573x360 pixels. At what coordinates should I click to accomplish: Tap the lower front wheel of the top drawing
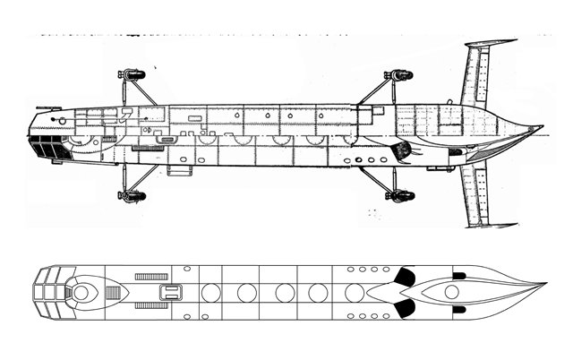pos(132,195)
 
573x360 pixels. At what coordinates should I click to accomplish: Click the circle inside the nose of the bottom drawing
pos(81,292)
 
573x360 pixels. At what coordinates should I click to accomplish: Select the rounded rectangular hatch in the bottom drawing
pos(168,292)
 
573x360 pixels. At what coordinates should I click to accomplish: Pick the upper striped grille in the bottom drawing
pos(151,277)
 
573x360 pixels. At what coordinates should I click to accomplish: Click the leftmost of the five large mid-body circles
pos(210,292)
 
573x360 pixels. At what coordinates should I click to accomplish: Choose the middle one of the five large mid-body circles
pos(283,292)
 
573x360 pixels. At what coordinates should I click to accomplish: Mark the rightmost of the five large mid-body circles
pos(355,292)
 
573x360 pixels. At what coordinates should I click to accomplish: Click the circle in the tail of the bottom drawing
pos(452,292)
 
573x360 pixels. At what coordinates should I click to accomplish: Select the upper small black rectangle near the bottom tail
pos(459,274)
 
